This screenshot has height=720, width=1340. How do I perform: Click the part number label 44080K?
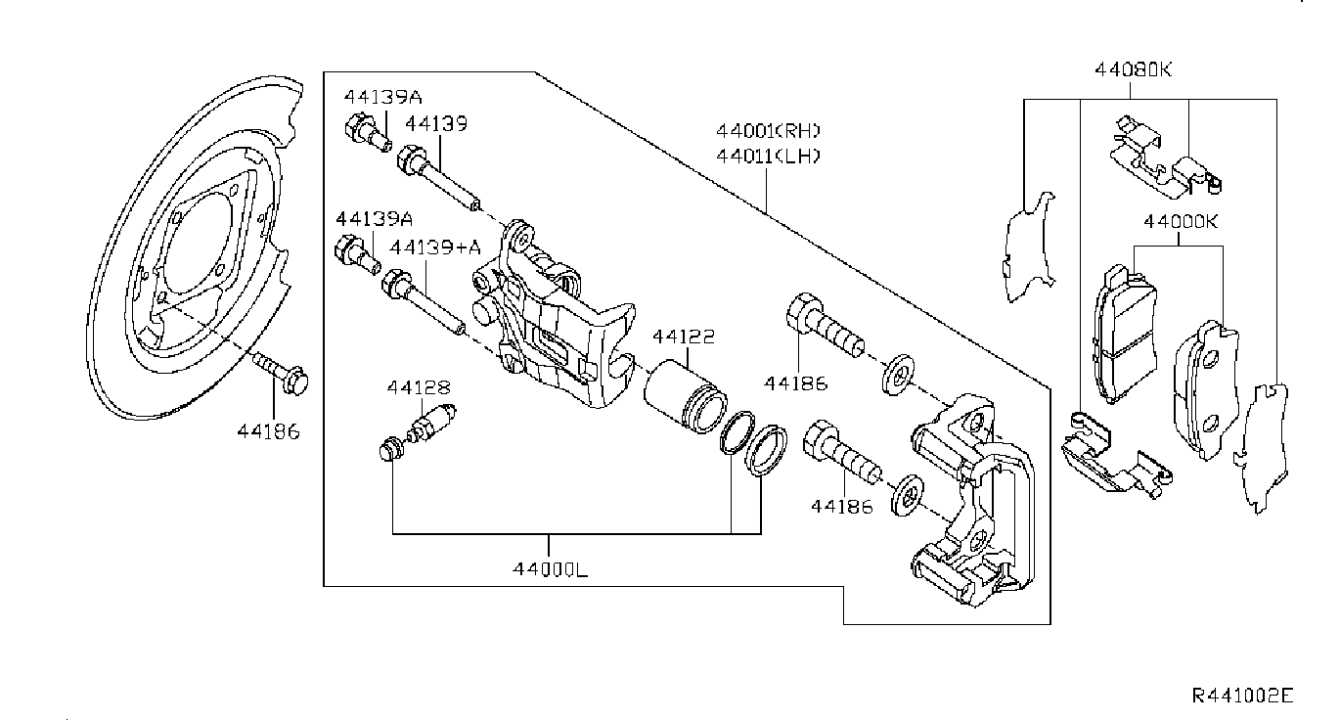coord(1133,70)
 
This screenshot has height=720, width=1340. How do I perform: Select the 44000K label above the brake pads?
coord(1180,221)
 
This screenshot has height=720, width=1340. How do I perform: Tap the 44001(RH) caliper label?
coord(768,130)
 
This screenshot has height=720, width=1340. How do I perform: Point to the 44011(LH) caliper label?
coord(768,157)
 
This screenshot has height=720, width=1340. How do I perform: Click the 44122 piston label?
coord(683,337)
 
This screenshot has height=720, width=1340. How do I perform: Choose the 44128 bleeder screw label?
coord(419,387)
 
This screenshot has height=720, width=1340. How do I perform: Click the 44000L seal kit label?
coord(550,569)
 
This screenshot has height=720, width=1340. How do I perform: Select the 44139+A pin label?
coord(435,247)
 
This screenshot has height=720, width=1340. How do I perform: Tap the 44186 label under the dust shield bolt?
coord(268,431)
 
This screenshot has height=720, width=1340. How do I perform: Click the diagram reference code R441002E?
coord(1242,696)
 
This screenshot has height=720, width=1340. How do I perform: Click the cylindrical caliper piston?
coord(686,397)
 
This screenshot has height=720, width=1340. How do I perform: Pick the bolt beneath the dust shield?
coord(280,374)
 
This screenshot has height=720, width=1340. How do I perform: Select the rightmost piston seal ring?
coord(766,451)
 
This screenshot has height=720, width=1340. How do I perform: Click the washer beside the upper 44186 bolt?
coord(899,375)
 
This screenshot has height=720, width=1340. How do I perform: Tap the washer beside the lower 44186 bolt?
coord(907,495)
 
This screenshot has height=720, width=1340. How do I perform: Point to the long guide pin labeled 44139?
coord(438,178)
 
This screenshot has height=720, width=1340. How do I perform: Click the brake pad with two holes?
coord(1206,390)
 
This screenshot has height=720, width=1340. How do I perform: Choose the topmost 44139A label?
coord(382,97)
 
